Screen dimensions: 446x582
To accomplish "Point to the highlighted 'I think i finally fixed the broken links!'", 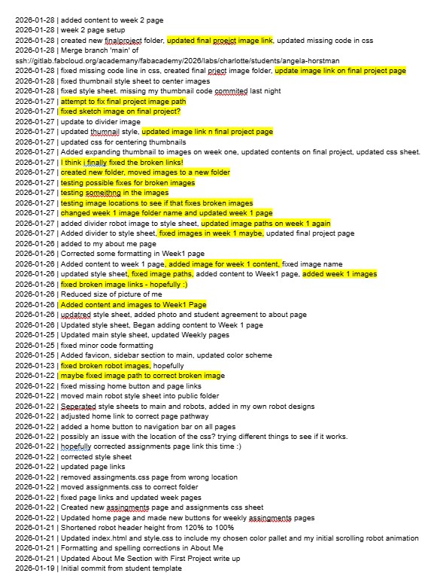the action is tap(123, 162).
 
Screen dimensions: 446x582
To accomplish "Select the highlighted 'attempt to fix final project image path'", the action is tap(124, 101).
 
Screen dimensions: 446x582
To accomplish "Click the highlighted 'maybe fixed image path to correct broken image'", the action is tap(143, 376).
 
